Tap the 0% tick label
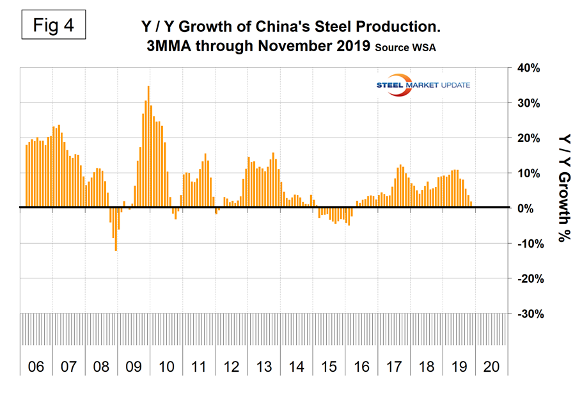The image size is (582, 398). point(526,209)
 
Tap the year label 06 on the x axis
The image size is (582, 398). point(36,367)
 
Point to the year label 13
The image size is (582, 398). point(263,367)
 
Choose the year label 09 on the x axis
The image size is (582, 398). point(134,367)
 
